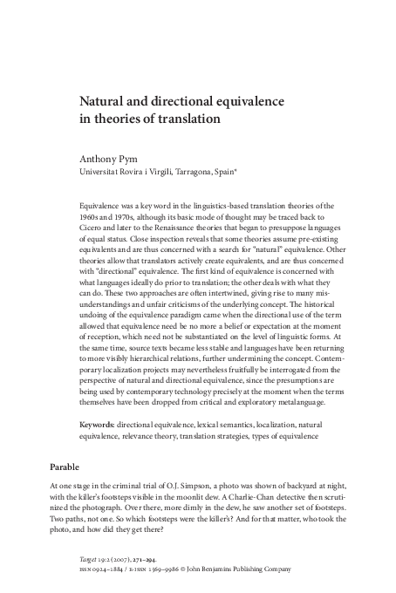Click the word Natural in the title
click(x=101, y=102)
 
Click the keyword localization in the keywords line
click(x=270, y=425)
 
